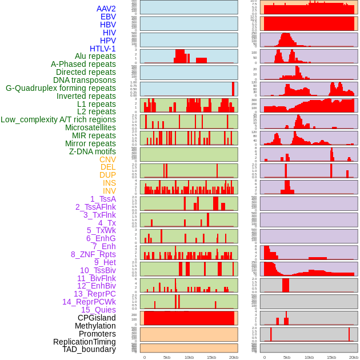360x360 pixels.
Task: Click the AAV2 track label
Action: tap(106, 9)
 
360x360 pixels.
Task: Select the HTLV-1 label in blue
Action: tap(102, 49)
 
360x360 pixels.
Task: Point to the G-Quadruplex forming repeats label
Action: tap(61, 89)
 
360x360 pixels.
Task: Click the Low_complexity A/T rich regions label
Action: tap(58, 119)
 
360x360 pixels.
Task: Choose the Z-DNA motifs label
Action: tap(92, 151)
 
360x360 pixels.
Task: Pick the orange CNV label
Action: tap(107, 159)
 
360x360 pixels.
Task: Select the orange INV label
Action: tap(109, 191)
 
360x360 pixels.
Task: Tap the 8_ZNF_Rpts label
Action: tap(93, 254)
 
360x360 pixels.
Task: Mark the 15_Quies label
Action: tap(98, 310)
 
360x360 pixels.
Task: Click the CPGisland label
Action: tap(97, 318)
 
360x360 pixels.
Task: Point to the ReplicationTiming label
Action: tap(84, 342)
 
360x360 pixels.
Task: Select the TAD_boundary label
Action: tap(89, 349)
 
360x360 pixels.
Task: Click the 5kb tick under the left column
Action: tap(167, 357)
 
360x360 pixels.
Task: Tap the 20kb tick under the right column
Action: tap(354, 357)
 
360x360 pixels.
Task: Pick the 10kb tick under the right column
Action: tap(309, 357)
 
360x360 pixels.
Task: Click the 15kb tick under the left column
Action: tap(211, 357)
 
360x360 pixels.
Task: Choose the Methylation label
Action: tap(95, 326)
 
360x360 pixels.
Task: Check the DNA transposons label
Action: tap(85, 80)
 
